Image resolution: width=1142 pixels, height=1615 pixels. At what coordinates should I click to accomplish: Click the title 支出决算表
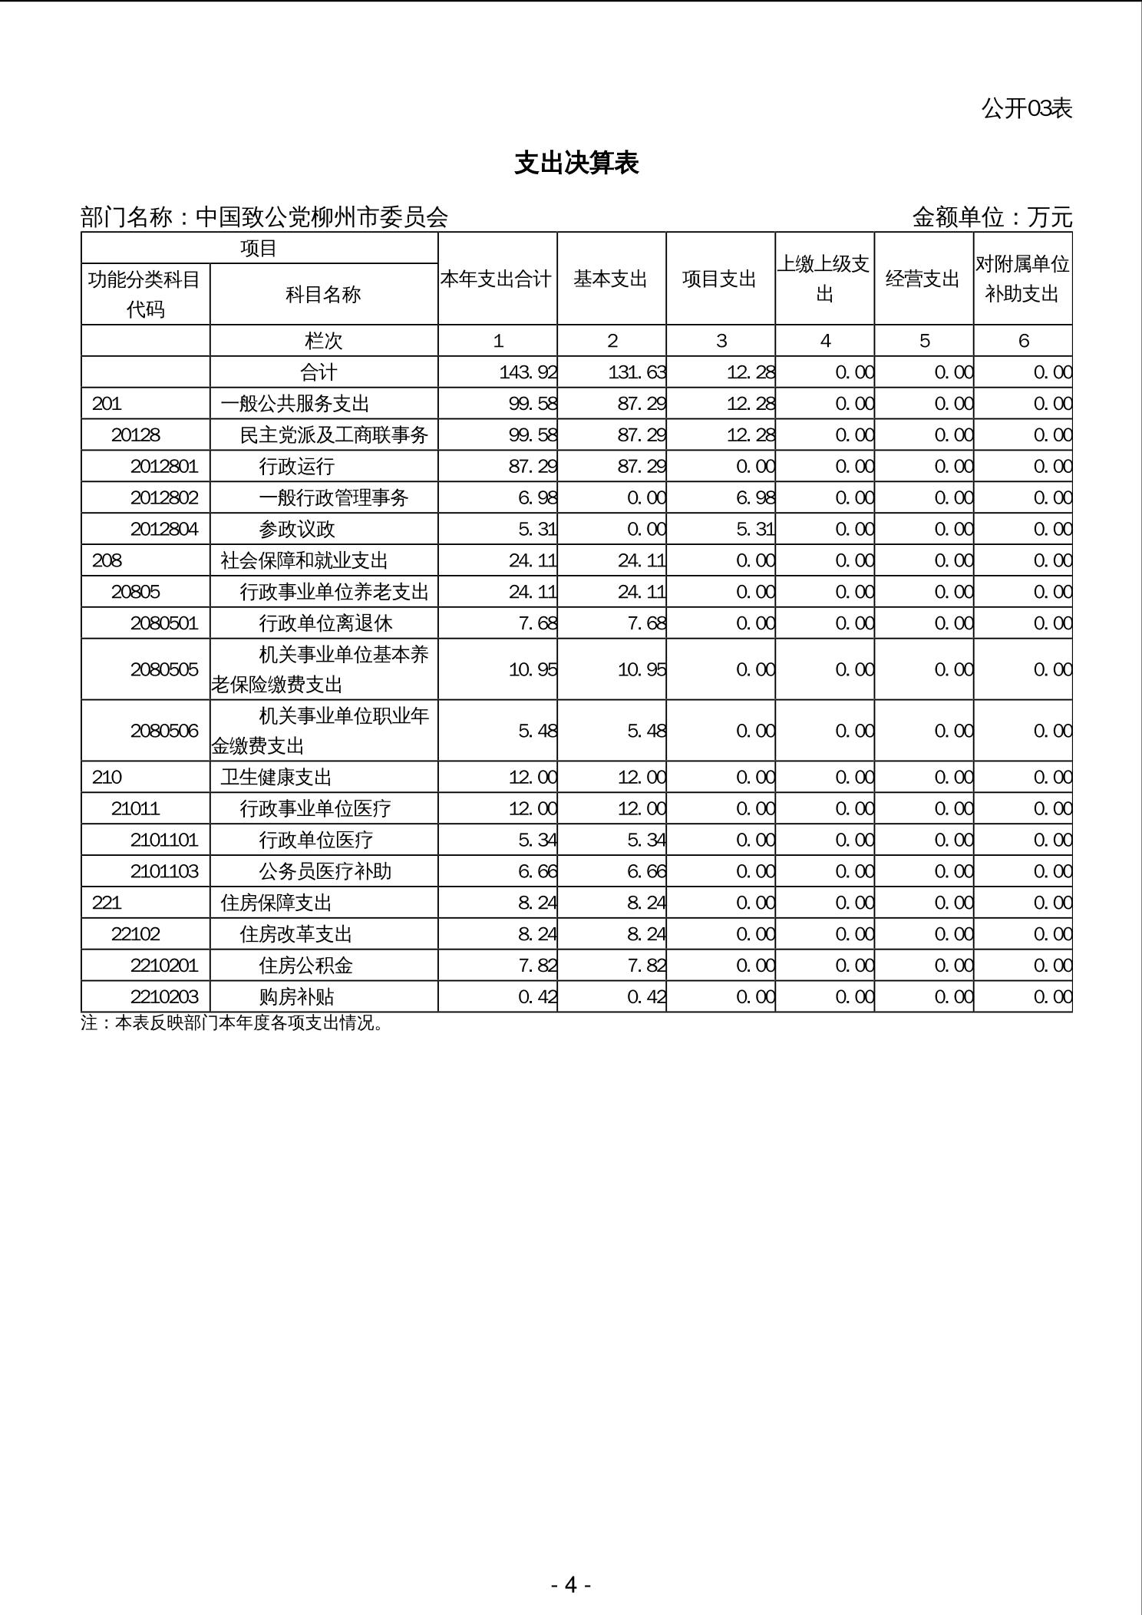(576, 163)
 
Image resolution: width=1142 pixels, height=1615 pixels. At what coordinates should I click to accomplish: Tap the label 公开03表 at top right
(1026, 109)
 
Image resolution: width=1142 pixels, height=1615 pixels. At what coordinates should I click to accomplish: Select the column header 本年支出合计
(497, 279)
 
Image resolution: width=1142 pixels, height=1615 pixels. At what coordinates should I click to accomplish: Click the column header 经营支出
(923, 279)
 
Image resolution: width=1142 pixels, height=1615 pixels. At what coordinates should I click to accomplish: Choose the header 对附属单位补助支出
(1022, 279)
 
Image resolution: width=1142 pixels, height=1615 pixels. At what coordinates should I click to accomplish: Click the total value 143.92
(527, 372)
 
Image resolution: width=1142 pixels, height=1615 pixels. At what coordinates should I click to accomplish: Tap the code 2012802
(164, 498)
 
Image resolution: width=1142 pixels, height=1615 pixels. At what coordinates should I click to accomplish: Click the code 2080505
(164, 669)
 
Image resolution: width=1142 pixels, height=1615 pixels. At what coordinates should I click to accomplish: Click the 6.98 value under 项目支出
(755, 498)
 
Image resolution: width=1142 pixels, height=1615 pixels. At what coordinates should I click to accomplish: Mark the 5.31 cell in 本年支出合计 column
(537, 530)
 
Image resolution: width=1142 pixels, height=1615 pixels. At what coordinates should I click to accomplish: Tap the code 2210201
(164, 966)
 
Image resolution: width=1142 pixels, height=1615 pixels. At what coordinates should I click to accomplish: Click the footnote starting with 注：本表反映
(232, 1023)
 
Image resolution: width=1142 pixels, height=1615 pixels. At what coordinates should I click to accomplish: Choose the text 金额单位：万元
(992, 218)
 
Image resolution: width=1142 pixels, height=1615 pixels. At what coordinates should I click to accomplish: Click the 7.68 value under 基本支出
(646, 623)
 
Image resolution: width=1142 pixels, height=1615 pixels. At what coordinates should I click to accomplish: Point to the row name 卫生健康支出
(276, 778)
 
